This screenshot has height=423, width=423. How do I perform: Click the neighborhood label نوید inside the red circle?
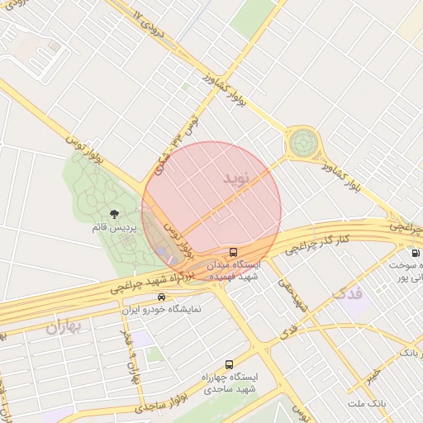pyautogui.click(x=235, y=178)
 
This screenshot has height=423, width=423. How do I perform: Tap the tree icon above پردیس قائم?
pyautogui.click(x=126, y=214)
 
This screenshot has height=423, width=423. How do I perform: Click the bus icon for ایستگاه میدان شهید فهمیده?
pyautogui.click(x=234, y=252)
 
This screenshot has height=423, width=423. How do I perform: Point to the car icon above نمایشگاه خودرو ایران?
pyautogui.click(x=162, y=297)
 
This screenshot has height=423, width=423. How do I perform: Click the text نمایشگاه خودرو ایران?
pyautogui.click(x=162, y=311)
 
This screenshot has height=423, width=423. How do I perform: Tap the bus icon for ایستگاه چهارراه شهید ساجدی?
pyautogui.click(x=229, y=364)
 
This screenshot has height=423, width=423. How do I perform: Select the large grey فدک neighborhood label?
pyautogui.click(x=347, y=293)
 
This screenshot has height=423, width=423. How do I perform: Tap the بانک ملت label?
pyautogui.click(x=367, y=402)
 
